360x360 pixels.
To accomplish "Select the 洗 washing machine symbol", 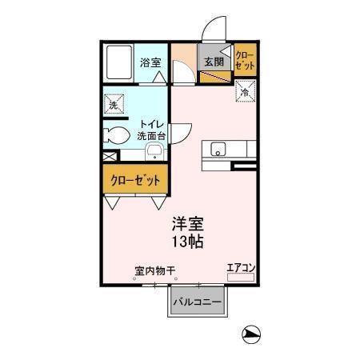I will (114, 104).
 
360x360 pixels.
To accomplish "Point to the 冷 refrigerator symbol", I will (244, 93).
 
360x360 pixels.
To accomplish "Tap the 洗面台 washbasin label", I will (151, 136).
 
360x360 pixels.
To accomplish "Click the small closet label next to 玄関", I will (245, 61).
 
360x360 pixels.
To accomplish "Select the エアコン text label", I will (240, 267).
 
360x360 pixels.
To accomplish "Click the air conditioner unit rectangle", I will (240, 277).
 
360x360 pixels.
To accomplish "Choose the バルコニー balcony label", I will (198, 302).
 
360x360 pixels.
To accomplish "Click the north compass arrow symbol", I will (251, 334).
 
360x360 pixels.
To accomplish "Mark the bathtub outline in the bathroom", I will (120, 62).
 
